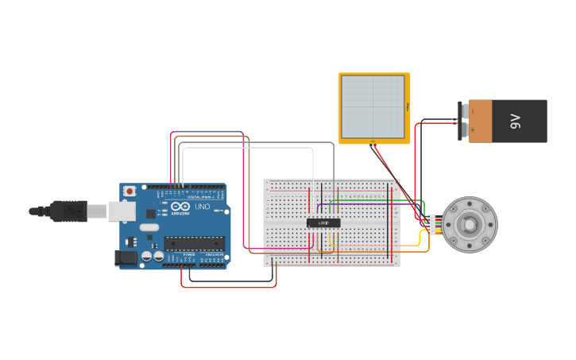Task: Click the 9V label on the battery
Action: point(515,122)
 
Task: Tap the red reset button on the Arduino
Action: point(130,192)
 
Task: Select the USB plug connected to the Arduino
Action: point(68,211)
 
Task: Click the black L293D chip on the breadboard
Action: point(323,223)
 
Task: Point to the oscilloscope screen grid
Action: point(373,107)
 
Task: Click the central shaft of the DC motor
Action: point(470,224)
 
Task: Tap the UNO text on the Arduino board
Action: point(202,207)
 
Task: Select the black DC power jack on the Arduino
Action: point(125,257)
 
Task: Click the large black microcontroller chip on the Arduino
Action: point(194,243)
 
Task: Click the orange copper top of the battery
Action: point(480,121)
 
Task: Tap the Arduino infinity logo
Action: point(180,207)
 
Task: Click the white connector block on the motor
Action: point(431,224)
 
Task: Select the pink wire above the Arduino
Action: point(207,132)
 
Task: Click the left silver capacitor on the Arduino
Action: point(147,257)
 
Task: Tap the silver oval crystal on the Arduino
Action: point(149,226)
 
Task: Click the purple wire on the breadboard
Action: point(358,212)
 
